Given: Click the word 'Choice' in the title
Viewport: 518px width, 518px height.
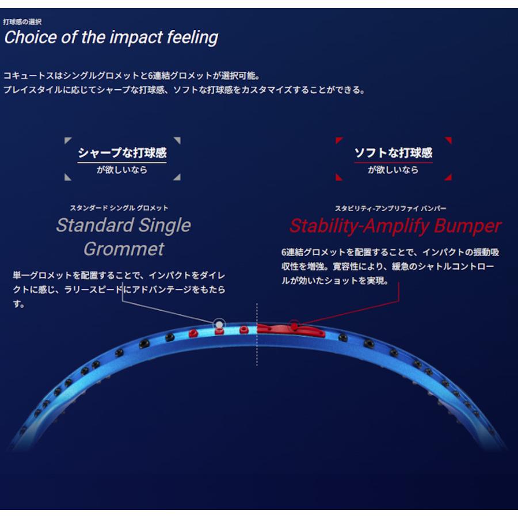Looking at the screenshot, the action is tap(31, 37).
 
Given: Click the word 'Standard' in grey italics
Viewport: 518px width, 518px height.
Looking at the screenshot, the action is tap(95, 225).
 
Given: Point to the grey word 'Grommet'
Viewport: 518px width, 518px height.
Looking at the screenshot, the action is tap(124, 249).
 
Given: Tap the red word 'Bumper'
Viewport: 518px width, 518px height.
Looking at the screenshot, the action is tap(468, 227).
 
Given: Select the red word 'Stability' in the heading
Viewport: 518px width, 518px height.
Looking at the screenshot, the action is tap(324, 227).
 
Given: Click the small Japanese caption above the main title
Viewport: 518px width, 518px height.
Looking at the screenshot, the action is tap(22, 22).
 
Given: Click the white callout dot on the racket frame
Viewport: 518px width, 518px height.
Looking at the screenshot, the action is tap(219, 325).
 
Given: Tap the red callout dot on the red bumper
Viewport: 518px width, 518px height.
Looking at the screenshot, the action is tap(294, 327).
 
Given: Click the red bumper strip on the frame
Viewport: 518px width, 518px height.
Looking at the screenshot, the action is tap(291, 330).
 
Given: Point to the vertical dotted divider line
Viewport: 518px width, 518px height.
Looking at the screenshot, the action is tap(257, 334).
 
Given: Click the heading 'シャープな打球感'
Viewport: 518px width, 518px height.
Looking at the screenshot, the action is tap(122, 153).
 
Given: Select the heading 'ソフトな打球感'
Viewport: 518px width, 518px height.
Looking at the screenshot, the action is tap(393, 153).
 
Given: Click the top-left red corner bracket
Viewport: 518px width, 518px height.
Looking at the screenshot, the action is tap(338, 139).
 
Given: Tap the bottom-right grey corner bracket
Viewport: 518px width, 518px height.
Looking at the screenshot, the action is tap(178, 178).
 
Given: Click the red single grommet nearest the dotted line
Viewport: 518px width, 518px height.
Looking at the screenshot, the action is tap(244, 330).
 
